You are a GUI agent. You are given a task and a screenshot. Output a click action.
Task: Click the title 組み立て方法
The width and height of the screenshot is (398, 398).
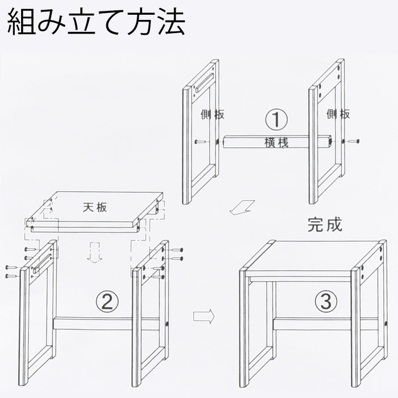[96, 23]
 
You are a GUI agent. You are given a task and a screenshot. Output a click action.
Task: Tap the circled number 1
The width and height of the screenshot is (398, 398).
[276, 119]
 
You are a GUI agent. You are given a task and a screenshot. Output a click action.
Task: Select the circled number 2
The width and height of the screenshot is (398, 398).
[107, 302]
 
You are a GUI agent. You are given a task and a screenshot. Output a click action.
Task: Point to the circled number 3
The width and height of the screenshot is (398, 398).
[326, 301]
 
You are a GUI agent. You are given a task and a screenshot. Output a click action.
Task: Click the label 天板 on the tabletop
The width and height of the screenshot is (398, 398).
[95, 207]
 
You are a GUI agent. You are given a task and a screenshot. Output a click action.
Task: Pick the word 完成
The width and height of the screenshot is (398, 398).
[325, 225]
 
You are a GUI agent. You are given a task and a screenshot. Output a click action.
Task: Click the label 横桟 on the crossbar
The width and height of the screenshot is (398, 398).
[276, 142]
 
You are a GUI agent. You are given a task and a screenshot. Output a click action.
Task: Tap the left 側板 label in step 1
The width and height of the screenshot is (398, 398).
[213, 114]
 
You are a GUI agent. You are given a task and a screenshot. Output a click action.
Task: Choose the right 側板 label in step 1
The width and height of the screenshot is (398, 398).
[338, 114]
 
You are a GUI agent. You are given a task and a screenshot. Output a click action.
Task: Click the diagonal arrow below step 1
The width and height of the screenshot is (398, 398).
[242, 208]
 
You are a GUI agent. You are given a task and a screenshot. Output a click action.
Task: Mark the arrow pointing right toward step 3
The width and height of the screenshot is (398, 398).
[204, 316]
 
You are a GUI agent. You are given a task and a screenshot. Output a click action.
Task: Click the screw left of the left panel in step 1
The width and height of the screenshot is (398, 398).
[200, 142]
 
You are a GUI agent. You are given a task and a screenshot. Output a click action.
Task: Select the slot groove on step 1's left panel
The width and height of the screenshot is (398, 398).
[206, 82]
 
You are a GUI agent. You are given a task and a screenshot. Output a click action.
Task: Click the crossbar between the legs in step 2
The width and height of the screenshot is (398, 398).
[106, 324]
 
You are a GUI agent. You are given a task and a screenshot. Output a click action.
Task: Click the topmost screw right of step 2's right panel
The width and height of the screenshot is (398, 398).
[177, 250]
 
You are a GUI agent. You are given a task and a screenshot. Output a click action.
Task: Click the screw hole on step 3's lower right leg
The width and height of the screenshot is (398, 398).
[386, 324]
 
